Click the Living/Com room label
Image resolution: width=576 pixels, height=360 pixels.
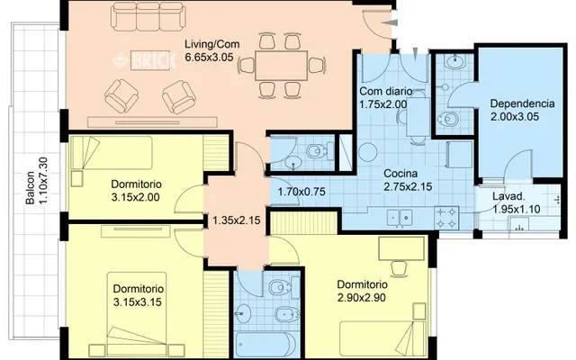[x=212, y=44]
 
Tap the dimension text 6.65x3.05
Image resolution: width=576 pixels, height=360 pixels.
[x=210, y=58]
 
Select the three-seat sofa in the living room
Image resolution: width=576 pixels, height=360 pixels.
[x=148, y=16]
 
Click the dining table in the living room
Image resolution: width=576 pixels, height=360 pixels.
[x=281, y=66]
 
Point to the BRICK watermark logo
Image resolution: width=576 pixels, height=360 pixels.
[x=145, y=60]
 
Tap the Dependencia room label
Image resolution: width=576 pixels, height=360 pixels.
[x=522, y=103]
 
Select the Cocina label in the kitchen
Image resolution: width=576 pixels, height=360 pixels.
[x=400, y=173]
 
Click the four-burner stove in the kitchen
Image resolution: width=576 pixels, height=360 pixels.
[x=446, y=218]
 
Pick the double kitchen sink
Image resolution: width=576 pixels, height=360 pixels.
[x=400, y=218]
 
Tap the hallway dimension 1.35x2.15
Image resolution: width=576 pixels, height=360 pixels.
[x=237, y=220]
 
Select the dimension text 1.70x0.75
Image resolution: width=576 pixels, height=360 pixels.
[x=301, y=192]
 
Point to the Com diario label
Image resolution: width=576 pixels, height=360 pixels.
[x=386, y=91]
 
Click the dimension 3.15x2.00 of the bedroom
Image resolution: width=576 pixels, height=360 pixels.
[x=135, y=197]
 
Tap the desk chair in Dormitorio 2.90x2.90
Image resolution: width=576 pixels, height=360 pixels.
[x=399, y=268]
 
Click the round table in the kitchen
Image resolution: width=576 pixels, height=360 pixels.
[x=367, y=152]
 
